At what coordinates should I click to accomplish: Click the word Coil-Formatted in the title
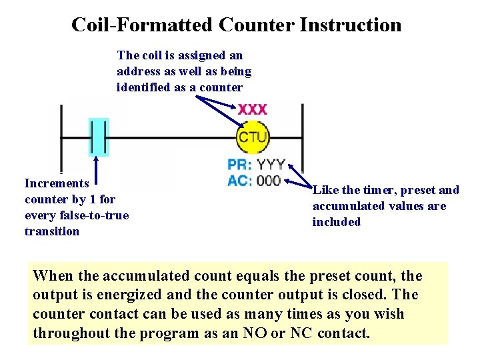click(142, 25)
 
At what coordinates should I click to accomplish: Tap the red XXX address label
click(253, 109)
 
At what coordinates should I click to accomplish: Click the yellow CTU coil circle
click(253, 137)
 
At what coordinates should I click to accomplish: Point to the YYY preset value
click(271, 165)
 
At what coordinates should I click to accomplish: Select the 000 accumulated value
click(269, 181)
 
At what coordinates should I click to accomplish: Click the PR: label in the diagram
click(239, 165)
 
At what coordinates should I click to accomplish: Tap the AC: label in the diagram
click(239, 181)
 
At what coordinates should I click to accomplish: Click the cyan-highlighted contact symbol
click(98, 138)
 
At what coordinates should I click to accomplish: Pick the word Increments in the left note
click(57, 183)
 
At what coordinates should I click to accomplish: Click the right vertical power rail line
click(302, 140)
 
